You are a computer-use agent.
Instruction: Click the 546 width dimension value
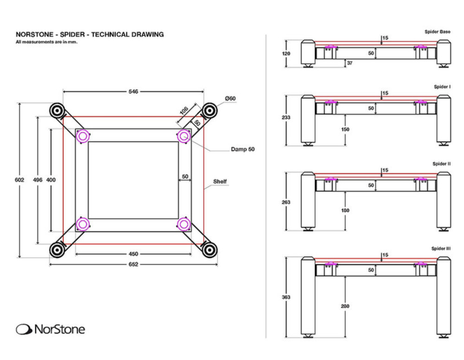point(133,91)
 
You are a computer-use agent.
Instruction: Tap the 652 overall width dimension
point(133,264)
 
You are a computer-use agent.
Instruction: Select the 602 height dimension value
point(19,180)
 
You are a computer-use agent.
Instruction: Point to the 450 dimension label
point(133,254)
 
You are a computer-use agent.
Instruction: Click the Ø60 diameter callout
point(230,98)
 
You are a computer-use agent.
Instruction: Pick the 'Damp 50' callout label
point(243,149)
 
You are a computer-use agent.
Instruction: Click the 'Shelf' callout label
point(220,181)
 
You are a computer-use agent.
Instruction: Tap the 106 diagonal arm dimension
point(184,110)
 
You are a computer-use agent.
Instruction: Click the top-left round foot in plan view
point(57,111)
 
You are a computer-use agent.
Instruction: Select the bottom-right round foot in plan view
point(210,250)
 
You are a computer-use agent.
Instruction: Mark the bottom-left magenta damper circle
point(83,225)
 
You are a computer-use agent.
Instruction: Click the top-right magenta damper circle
point(184,136)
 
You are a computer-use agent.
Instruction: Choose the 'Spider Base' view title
point(438,32)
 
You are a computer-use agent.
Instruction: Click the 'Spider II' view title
point(442,164)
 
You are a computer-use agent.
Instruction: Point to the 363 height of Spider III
point(286,297)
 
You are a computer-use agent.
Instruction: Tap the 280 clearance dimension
point(345,306)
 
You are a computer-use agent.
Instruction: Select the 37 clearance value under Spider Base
point(349,63)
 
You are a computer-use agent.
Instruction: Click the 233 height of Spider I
point(286,117)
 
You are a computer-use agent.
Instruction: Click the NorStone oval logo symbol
point(24,329)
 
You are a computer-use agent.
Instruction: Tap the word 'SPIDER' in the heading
point(72,35)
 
